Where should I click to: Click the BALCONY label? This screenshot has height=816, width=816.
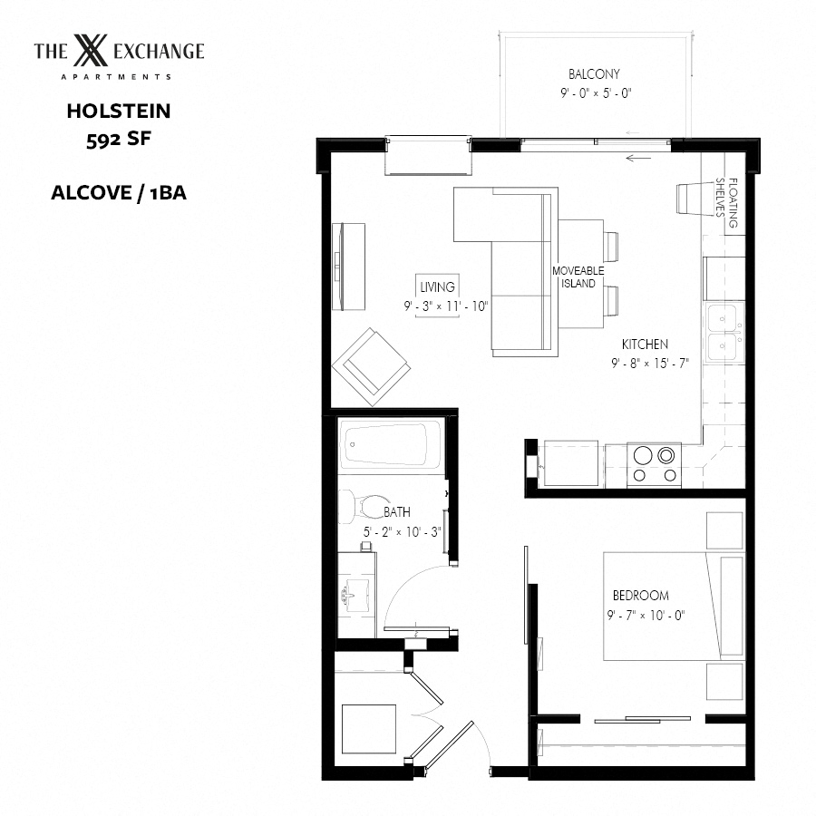pos(594,74)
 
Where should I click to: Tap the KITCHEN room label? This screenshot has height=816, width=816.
pos(645,344)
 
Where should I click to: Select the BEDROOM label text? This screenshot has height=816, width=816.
pos(641,596)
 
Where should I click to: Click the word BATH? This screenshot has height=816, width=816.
pos(397,512)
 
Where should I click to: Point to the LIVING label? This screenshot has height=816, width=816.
pos(437,287)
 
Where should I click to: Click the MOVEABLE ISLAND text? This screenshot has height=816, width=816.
pos(578,277)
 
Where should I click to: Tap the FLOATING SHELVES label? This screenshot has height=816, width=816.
pos(727,203)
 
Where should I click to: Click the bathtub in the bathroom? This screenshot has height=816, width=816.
pos(390,443)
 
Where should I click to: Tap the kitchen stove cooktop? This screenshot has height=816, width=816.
pos(654,465)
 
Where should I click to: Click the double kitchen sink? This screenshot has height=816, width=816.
pos(724,333)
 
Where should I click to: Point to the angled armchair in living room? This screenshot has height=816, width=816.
pos(372,367)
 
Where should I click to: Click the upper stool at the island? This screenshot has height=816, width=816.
pos(611,247)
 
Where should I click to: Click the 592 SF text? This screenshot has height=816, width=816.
pos(119,139)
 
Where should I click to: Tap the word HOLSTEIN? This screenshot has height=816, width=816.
pos(119,111)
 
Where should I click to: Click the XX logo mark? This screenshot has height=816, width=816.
pos(91,51)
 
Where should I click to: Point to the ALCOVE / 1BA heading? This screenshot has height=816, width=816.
pos(119,192)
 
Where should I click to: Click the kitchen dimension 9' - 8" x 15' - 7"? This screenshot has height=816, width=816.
pos(650,364)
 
